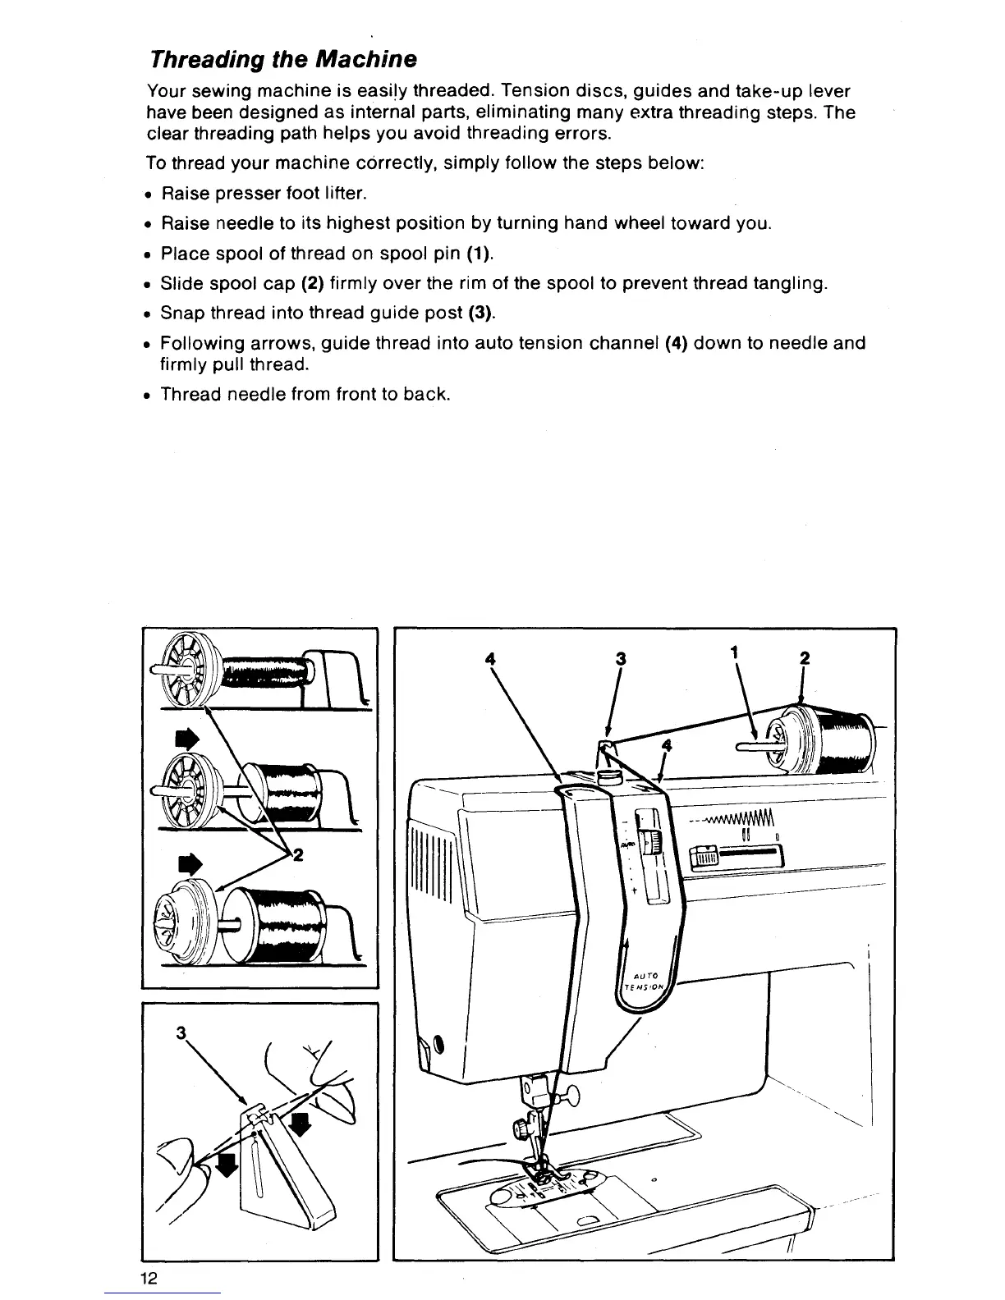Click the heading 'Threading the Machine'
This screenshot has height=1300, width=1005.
282,59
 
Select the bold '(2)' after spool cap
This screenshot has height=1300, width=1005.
310,283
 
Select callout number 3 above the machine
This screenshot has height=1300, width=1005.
621,658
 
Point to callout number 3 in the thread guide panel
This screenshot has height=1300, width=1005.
180,1032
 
